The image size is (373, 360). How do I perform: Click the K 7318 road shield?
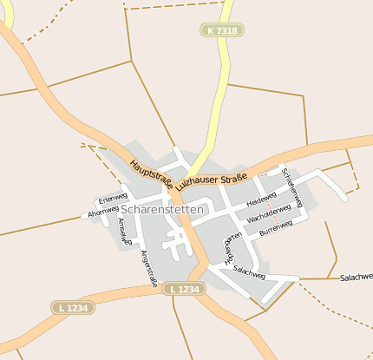pos(221,30)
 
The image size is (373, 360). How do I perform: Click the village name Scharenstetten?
pos(163,209)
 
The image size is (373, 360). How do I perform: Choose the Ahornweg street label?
pos(103,210)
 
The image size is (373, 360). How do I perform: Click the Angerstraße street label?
pos(148,268)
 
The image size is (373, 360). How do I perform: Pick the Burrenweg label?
pos(275,227)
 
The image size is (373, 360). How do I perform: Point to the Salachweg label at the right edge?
pos(356,277)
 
